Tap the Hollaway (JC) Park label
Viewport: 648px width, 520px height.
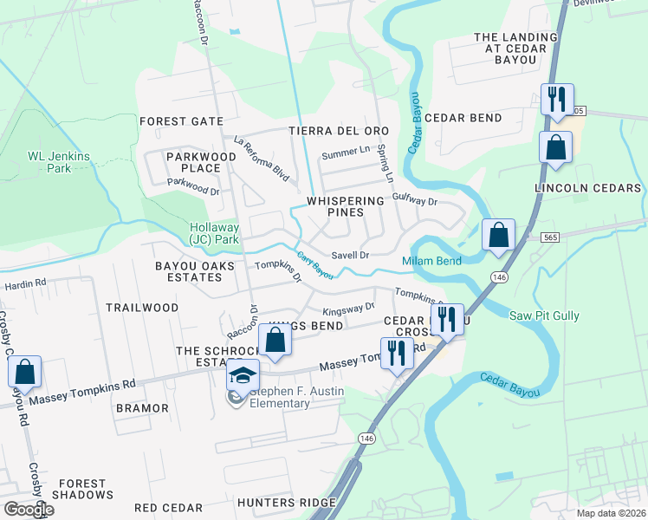pos(214,233)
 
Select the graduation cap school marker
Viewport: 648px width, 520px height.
pos(243,375)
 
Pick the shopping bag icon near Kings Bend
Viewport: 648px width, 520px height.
pos(275,340)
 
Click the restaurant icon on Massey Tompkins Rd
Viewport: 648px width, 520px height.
pos(398,354)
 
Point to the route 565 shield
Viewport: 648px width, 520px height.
pos(548,237)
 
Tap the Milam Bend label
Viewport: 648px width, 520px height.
pos(431,261)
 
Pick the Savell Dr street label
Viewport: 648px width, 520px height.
pos(351,256)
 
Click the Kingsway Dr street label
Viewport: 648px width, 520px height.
pos(347,308)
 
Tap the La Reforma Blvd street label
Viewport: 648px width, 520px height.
pos(261,150)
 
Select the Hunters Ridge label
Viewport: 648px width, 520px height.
pos(286,503)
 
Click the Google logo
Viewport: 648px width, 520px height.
pos(28,510)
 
